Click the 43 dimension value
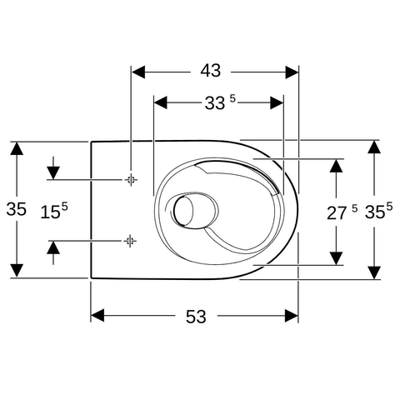tap(211, 71)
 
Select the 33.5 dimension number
tap(220, 102)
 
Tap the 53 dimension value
tap(196, 317)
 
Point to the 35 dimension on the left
tap(16, 209)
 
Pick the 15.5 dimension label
tap(54, 211)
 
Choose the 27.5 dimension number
tap(342, 212)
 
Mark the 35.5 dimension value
tap(378, 211)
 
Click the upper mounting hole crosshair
tap(131, 180)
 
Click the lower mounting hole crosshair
tap(130, 241)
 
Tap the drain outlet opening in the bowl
tap(183, 210)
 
